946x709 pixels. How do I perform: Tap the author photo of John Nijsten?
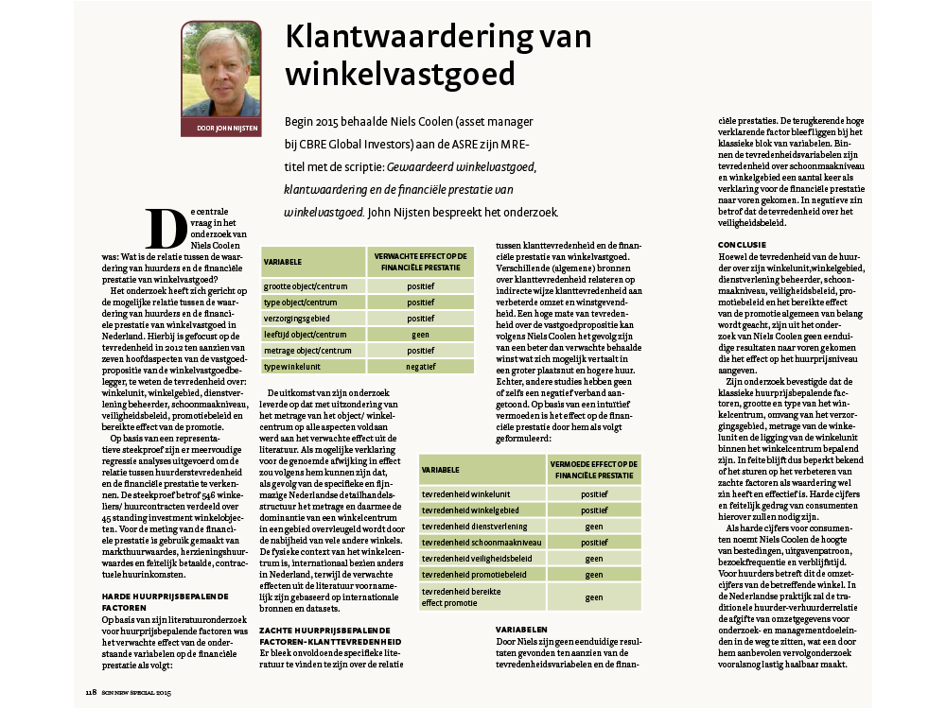pyautogui.click(x=220, y=72)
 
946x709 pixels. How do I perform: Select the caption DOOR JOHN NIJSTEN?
pyautogui.click(x=220, y=128)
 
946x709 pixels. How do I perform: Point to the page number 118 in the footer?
pyautogui.click(x=91, y=693)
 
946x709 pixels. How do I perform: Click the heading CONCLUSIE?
pyautogui.click(x=743, y=245)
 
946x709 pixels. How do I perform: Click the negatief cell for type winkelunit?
pyautogui.click(x=421, y=367)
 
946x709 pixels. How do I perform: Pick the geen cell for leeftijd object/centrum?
pyautogui.click(x=421, y=334)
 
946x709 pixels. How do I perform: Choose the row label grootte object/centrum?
pyautogui.click(x=305, y=285)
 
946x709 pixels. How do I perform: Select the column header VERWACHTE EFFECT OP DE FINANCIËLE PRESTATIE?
pyautogui.click(x=421, y=259)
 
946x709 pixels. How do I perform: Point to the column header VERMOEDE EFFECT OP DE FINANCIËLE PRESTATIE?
pyautogui.click(x=594, y=468)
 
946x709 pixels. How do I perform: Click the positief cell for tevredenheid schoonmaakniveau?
pyautogui.click(x=594, y=543)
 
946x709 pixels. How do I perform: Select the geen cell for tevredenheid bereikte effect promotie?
pyautogui.click(x=594, y=597)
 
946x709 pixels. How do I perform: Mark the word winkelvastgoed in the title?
pyautogui.click(x=400, y=73)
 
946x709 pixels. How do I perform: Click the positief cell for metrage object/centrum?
pyautogui.click(x=421, y=351)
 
